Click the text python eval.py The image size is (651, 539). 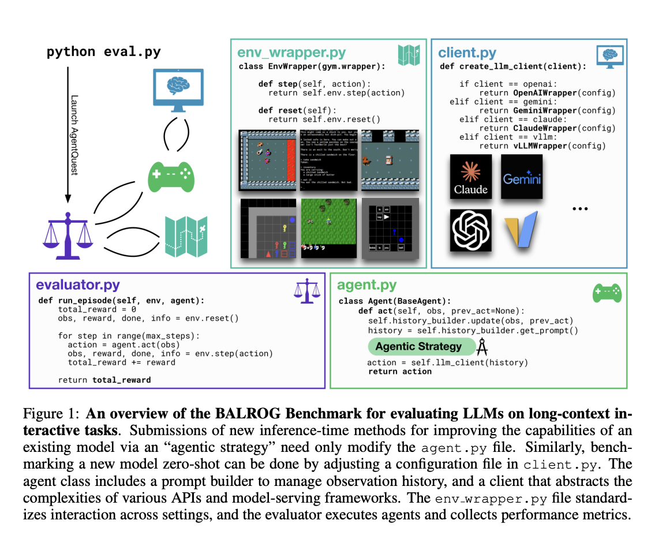point(103,52)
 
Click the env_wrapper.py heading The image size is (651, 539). point(291,53)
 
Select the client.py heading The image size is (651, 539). point(467,53)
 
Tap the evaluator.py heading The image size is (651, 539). point(78,285)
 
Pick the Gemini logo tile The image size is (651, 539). point(522,175)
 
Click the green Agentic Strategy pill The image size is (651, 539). point(418,346)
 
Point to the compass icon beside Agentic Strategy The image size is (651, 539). point(484,346)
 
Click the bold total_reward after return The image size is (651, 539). point(121,380)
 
